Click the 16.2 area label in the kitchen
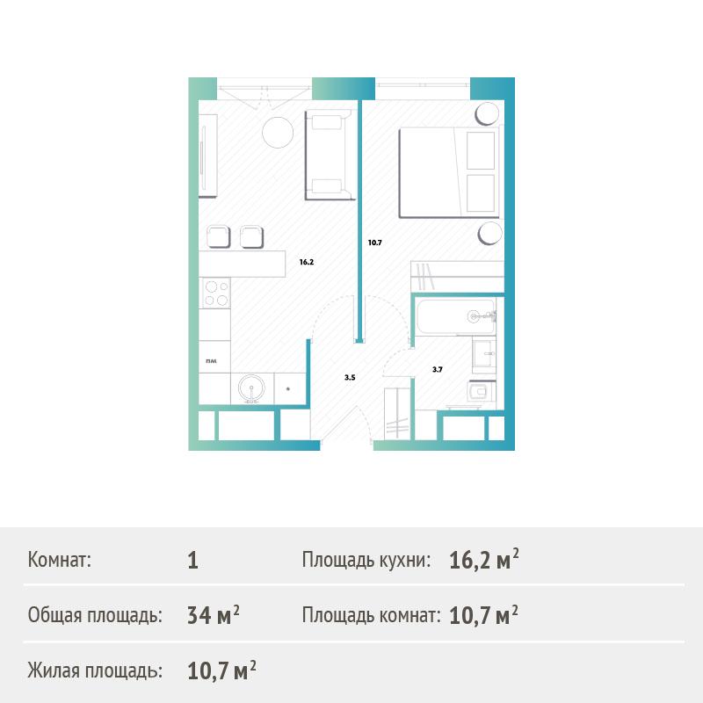[x=307, y=262]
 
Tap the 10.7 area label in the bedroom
[x=375, y=243]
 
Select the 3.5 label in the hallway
[x=350, y=378]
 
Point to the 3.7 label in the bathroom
[x=437, y=369]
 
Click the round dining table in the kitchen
[x=278, y=133]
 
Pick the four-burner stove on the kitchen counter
[x=215, y=294]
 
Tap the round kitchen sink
[x=251, y=388]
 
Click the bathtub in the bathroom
[x=456, y=316]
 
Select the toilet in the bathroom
[x=481, y=392]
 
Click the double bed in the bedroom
[x=449, y=172]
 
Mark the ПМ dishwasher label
[x=211, y=361]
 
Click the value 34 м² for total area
[x=214, y=614]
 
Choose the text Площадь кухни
[x=366, y=560]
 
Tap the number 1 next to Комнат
[x=192, y=561]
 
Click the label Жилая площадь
[x=95, y=670]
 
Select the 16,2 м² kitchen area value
[x=484, y=560]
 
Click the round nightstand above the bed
[x=487, y=114]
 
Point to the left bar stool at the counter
[x=218, y=236]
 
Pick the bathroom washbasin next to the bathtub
[x=484, y=354]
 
